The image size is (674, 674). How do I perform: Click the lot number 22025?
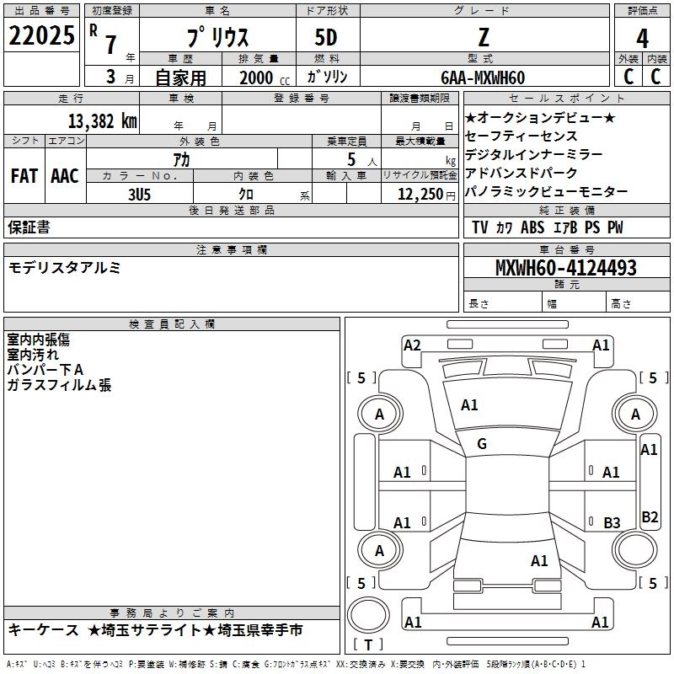[x=41, y=35]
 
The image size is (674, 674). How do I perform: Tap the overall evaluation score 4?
[x=642, y=38]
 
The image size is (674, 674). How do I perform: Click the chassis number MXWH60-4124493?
[x=566, y=269]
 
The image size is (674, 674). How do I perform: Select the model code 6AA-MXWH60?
[x=483, y=78]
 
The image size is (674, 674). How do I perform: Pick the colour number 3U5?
[x=139, y=194]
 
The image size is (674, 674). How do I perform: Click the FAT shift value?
[x=24, y=176]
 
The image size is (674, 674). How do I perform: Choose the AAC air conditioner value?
[x=65, y=176]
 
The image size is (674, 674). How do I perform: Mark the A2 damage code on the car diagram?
[x=412, y=345]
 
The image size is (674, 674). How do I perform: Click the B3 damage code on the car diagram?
[x=612, y=522]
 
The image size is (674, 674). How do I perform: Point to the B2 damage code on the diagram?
[x=650, y=517]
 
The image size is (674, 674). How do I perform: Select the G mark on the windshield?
[x=482, y=444]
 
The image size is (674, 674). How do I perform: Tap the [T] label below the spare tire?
[x=367, y=645]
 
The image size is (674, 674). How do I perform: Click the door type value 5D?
[x=326, y=38]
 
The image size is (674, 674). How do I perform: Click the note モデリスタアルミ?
[x=64, y=267]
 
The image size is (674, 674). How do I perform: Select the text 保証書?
[x=29, y=227]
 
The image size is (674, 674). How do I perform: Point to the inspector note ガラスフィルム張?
[x=59, y=385]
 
